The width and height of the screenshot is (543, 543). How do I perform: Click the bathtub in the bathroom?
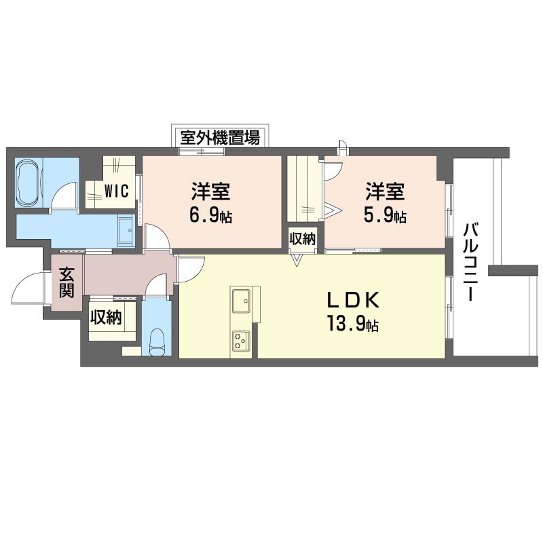coord(29,183)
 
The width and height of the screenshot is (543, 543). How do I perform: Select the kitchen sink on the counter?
coord(241,299)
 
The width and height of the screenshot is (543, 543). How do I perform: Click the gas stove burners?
coord(241,340)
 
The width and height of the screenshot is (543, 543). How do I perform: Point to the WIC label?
coord(116,191)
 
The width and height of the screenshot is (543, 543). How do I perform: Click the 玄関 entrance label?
coord(66,282)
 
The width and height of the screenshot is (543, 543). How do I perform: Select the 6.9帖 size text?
coord(210,217)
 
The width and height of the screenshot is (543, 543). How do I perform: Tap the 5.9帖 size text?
coord(385,217)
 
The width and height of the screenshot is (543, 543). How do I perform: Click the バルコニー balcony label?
coord(470,261)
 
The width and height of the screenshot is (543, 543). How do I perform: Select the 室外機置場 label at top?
coord(220,138)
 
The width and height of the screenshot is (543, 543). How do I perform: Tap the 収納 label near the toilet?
coord(106,316)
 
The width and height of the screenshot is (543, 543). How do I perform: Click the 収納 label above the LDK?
coord(303,238)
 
